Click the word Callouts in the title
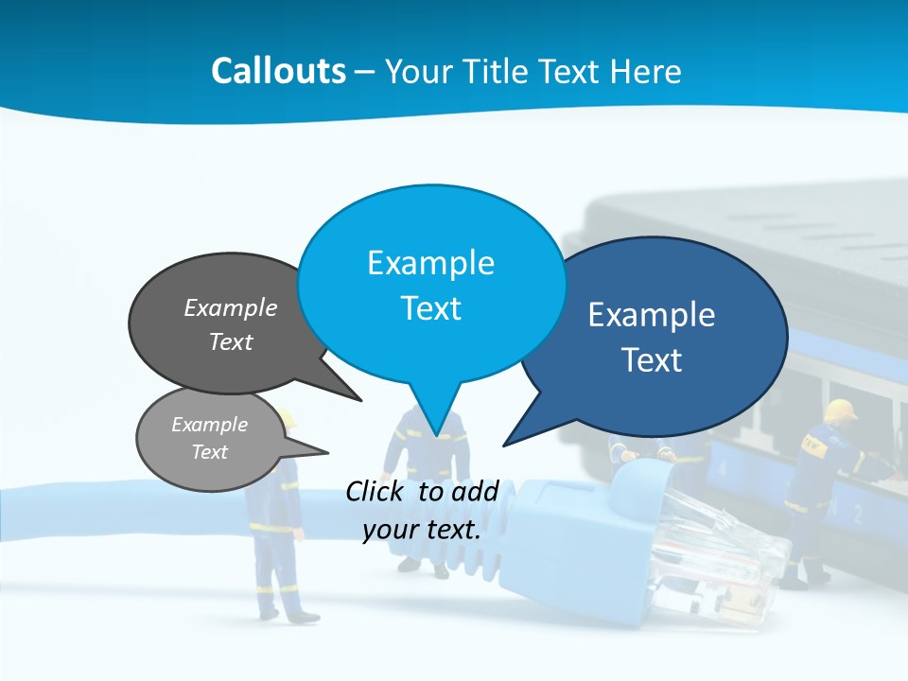tap(279, 71)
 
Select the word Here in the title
tap(645, 71)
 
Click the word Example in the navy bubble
tap(652, 315)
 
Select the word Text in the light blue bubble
tap(430, 308)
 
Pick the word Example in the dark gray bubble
tap(231, 307)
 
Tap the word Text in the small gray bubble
tap(209, 452)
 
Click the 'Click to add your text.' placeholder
tap(422, 510)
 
